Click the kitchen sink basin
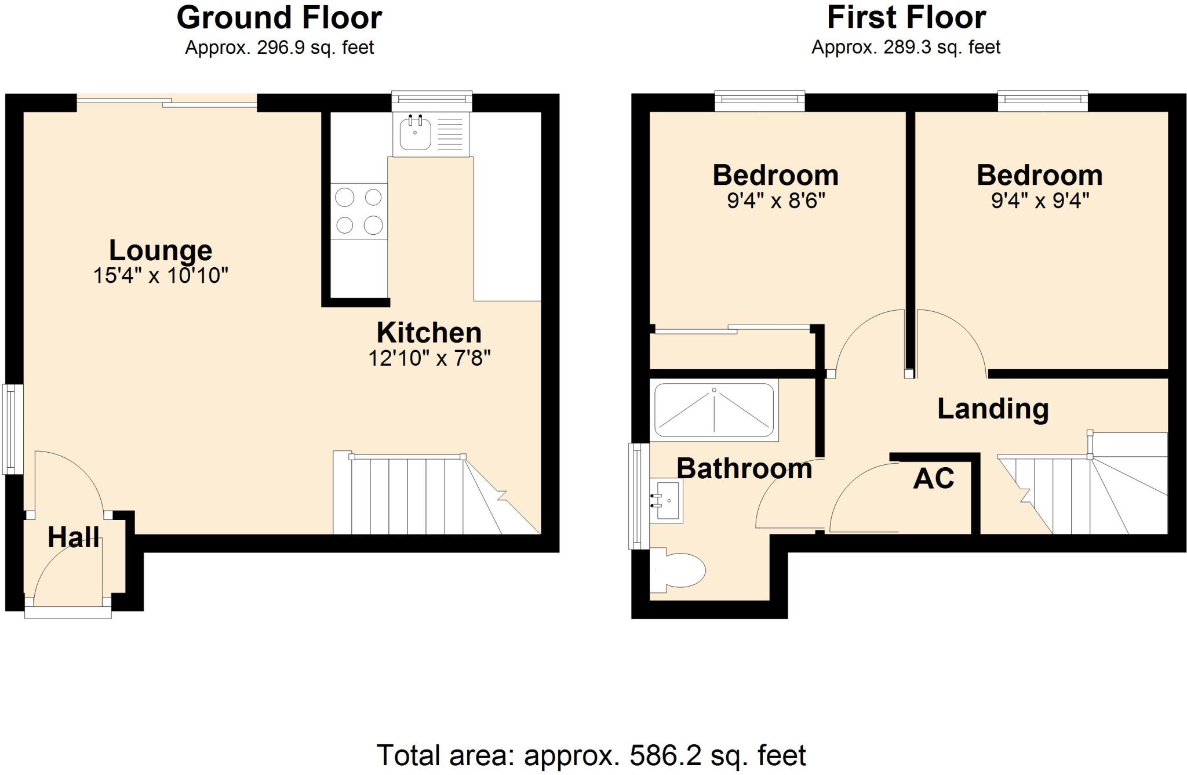coord(415,134)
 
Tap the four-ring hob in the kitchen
coord(359,211)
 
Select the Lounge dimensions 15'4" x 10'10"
coord(161,276)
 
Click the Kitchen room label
coord(429,333)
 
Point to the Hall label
coord(73,537)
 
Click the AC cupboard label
coord(933,479)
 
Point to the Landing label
coord(993,409)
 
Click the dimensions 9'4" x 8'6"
coord(775,201)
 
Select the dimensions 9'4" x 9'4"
coord(1040,201)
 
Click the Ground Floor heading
coord(279,17)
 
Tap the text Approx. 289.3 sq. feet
coord(906,47)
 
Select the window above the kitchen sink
coord(432,100)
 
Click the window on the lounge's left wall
coord(13,429)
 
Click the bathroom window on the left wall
coord(639,496)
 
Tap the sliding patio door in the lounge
coord(167,101)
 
